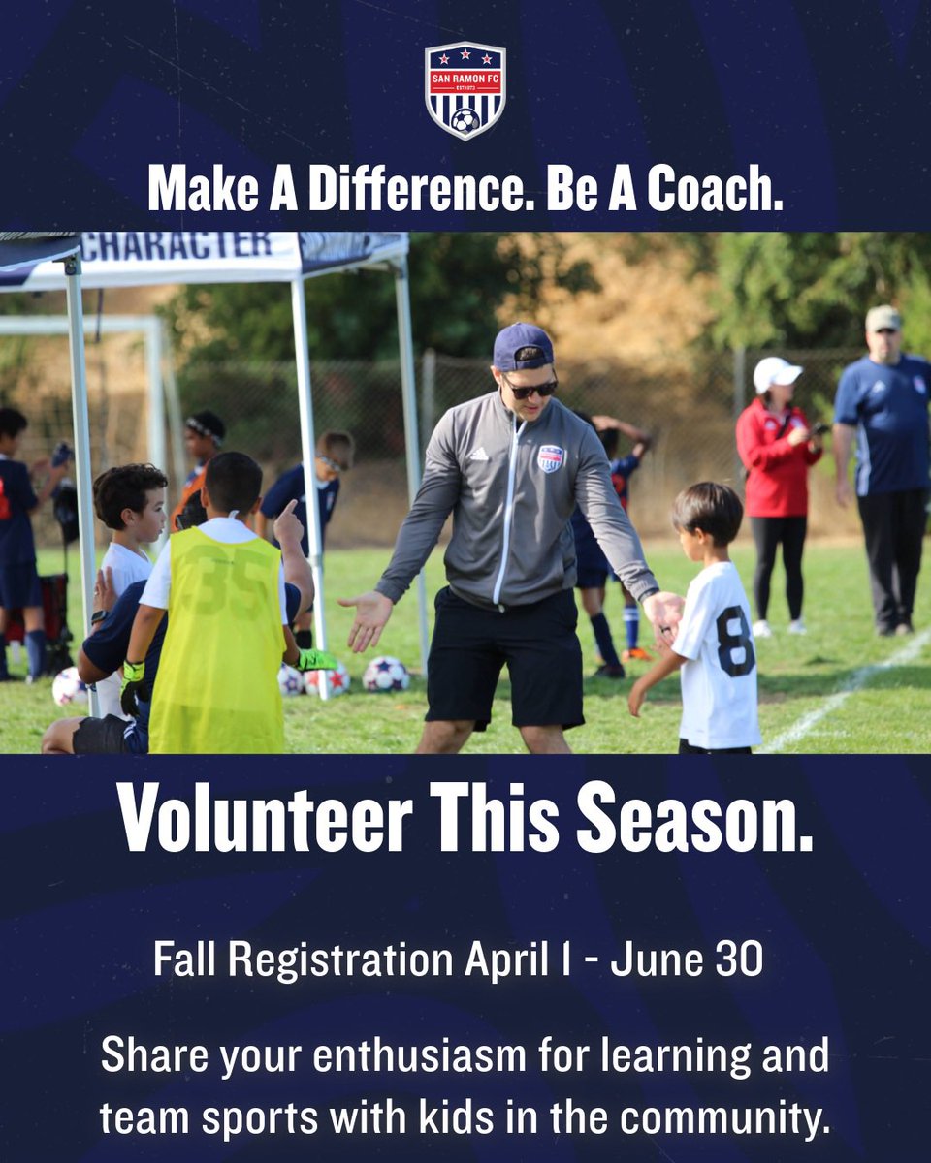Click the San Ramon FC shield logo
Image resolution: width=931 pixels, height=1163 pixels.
coord(465,90)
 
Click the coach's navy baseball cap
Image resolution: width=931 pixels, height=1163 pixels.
coord(522,346)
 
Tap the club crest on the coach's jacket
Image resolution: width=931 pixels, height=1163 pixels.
coord(550,457)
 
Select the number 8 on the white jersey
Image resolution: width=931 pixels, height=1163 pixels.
coord(735,641)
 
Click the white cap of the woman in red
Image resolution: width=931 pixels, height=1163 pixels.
coord(776,372)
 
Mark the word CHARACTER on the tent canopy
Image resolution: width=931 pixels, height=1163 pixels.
coord(177,246)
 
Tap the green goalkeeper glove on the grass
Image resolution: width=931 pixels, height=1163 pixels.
coord(316,661)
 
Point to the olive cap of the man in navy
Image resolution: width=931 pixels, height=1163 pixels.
coord(883,318)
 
